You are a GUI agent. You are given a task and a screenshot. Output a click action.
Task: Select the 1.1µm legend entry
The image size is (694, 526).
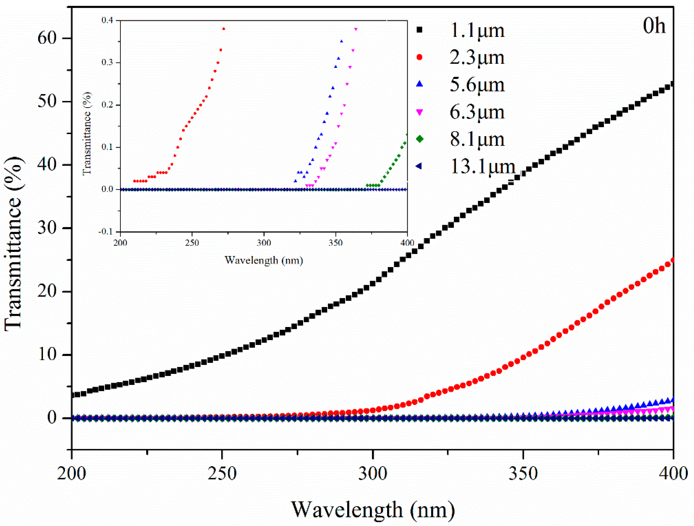click(x=477, y=31)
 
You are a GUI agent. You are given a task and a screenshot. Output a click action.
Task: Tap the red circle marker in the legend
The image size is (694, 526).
click(x=419, y=57)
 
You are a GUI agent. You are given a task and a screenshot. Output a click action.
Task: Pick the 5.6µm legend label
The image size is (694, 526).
click(x=477, y=85)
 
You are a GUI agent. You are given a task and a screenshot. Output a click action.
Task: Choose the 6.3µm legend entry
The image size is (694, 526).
click(x=477, y=112)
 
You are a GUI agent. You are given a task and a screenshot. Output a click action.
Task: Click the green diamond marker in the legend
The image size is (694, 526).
click(x=419, y=139)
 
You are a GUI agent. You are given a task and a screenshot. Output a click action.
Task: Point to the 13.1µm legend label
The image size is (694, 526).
click(x=483, y=166)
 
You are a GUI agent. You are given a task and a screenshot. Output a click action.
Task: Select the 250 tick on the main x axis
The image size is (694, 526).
click(x=222, y=474)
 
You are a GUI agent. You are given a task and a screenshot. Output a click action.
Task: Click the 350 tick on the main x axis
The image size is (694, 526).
click(x=523, y=474)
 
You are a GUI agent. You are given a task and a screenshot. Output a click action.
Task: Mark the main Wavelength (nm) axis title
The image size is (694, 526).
click(x=373, y=510)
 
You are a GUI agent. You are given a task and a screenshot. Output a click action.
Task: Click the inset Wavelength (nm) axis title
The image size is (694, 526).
click(x=264, y=260)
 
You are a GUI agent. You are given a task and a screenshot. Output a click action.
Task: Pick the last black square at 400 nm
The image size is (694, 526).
click(x=671, y=84)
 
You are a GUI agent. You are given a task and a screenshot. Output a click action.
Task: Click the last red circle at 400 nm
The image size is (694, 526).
click(x=671, y=261)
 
